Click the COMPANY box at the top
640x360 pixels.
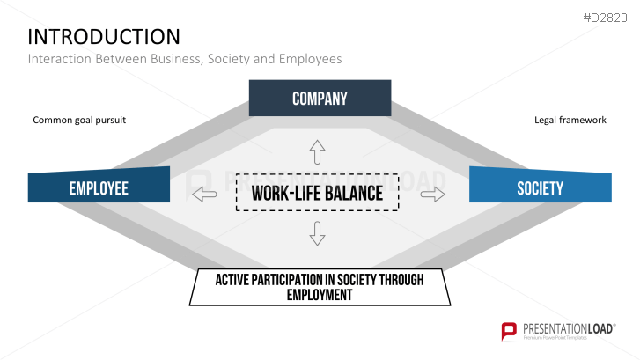point(320,99)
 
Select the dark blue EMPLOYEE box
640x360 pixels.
point(99,188)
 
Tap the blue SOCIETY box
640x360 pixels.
point(540,188)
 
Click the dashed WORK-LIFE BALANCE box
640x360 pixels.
point(317,193)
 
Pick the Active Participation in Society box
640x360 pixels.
point(320,287)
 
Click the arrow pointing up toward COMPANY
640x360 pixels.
point(318,152)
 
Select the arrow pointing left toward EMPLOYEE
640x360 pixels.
point(204,194)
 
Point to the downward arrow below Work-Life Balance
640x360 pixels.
point(318,233)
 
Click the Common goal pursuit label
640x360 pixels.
point(80,120)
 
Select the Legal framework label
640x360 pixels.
point(570,120)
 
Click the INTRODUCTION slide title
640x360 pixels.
point(104,36)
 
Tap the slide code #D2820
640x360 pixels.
point(607,18)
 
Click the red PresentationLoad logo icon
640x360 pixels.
point(508,332)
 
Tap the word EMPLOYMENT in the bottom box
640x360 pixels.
point(320,295)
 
